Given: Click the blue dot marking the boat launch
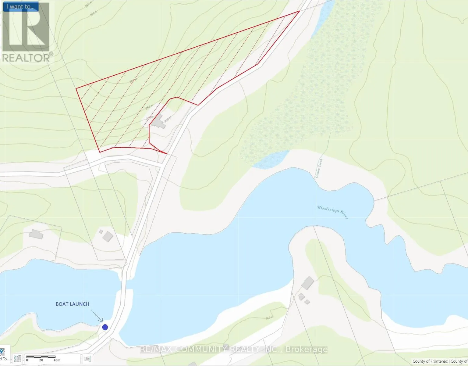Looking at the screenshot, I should coord(105,327).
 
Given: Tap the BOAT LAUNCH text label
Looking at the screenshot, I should coord(72,304).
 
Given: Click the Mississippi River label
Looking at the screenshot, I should coord(332,212).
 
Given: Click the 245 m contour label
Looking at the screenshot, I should coord(269,318).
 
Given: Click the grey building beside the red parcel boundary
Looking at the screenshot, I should coord(158,123).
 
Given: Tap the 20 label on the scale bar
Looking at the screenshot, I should coord(41,360).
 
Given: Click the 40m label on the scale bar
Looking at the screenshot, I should coord(57,360).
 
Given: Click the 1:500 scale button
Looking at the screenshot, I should coord(87,359).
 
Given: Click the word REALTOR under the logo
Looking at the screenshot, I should coord(26,58).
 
